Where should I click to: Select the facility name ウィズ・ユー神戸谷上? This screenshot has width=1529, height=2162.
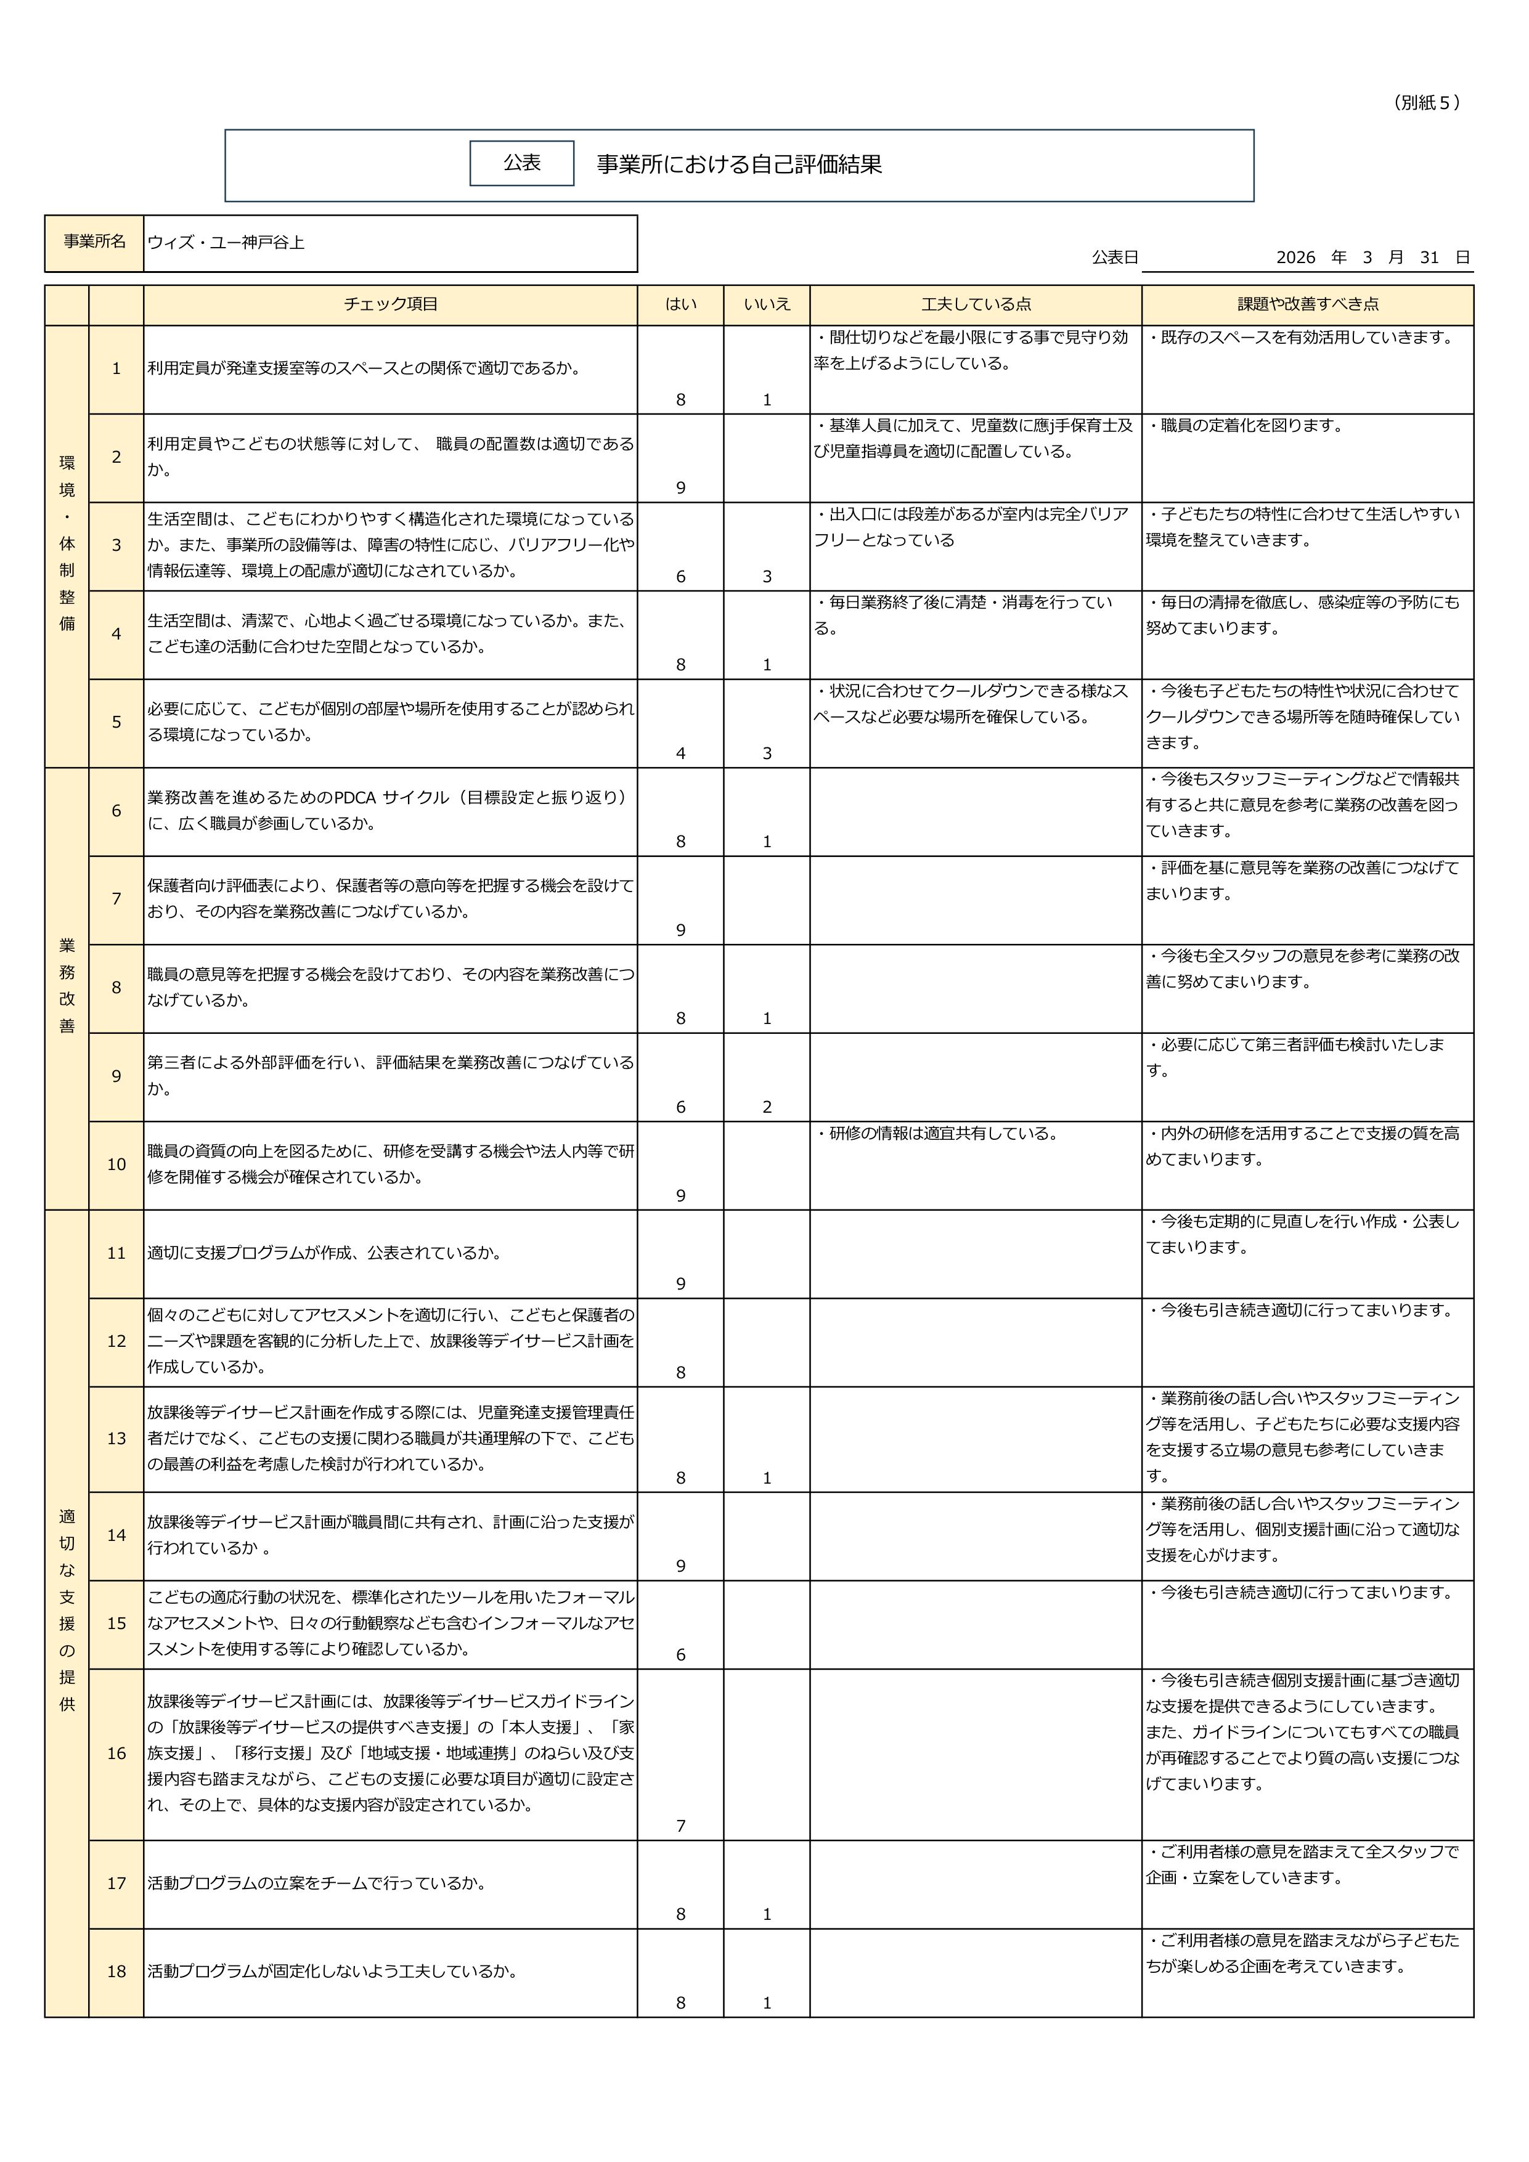coord(226,242)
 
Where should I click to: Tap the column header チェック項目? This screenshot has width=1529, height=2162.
coord(390,304)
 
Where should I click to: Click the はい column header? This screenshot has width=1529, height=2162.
coord(680,304)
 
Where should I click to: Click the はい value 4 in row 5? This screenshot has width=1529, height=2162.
coord(680,754)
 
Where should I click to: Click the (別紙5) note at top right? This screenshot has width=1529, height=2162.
coord(1426,104)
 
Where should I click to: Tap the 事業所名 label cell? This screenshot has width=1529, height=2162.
coord(94,242)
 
